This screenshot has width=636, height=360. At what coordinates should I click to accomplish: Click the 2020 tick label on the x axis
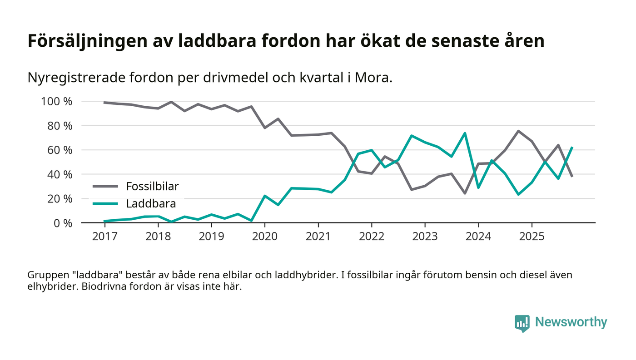click(x=265, y=237)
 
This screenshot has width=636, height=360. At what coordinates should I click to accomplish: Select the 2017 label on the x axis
click(x=104, y=237)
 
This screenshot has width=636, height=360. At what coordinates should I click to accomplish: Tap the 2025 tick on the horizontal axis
click(x=532, y=237)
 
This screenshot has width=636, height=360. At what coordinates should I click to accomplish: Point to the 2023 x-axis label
click(x=425, y=237)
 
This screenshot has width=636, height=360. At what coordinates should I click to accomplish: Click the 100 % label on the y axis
click(x=57, y=101)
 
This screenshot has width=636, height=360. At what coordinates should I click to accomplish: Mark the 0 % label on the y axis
click(x=62, y=223)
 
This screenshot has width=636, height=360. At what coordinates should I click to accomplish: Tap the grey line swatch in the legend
click(x=106, y=186)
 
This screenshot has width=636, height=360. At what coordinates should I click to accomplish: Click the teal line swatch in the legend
click(x=106, y=203)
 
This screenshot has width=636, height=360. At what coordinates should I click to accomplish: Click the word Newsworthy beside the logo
click(x=571, y=322)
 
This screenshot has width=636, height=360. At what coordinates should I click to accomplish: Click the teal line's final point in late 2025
click(x=572, y=148)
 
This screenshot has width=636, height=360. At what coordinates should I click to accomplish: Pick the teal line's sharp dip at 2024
click(x=478, y=187)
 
